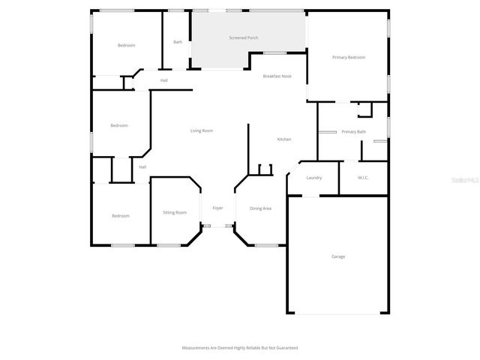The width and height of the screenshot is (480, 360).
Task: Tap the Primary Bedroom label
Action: [x=349, y=58]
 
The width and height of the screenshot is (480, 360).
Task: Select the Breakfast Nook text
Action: [x=277, y=76]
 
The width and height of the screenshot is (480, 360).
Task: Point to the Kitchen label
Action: [x=284, y=139]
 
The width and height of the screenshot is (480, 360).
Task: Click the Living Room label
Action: [x=201, y=131]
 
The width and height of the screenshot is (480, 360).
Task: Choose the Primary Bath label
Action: [x=353, y=132]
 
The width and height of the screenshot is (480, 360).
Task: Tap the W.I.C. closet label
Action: [x=363, y=178]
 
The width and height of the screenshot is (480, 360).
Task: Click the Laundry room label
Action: [x=314, y=178]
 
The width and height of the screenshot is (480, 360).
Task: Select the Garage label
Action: [x=338, y=256]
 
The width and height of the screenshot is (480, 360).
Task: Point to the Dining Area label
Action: [x=260, y=208]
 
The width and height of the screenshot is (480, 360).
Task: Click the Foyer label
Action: [x=217, y=208]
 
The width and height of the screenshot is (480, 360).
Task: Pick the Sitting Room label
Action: [x=175, y=213]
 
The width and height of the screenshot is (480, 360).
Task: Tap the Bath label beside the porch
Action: [x=178, y=42]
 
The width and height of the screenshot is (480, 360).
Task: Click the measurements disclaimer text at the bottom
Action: [x=240, y=348]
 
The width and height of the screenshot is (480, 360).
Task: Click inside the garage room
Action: [x=337, y=277]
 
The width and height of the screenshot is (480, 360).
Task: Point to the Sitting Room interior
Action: [x=175, y=225]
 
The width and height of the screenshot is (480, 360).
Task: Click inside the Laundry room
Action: [x=313, y=186]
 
